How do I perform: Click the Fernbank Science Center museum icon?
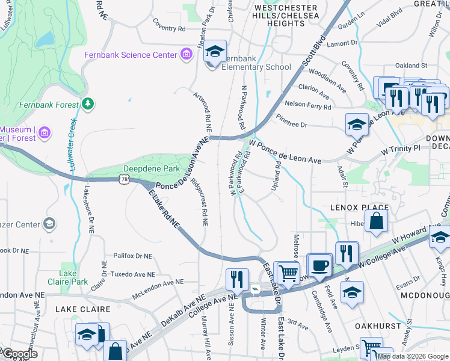[x=186, y=55]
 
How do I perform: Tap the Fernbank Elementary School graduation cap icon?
[x=215, y=52]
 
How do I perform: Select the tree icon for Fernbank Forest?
[x=88, y=104]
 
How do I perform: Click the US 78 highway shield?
[x=125, y=179]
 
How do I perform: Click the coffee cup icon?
[x=320, y=264]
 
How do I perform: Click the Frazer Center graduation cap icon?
[x=49, y=224]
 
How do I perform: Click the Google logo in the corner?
[x=19, y=354]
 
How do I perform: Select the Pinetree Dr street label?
[x=292, y=125]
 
